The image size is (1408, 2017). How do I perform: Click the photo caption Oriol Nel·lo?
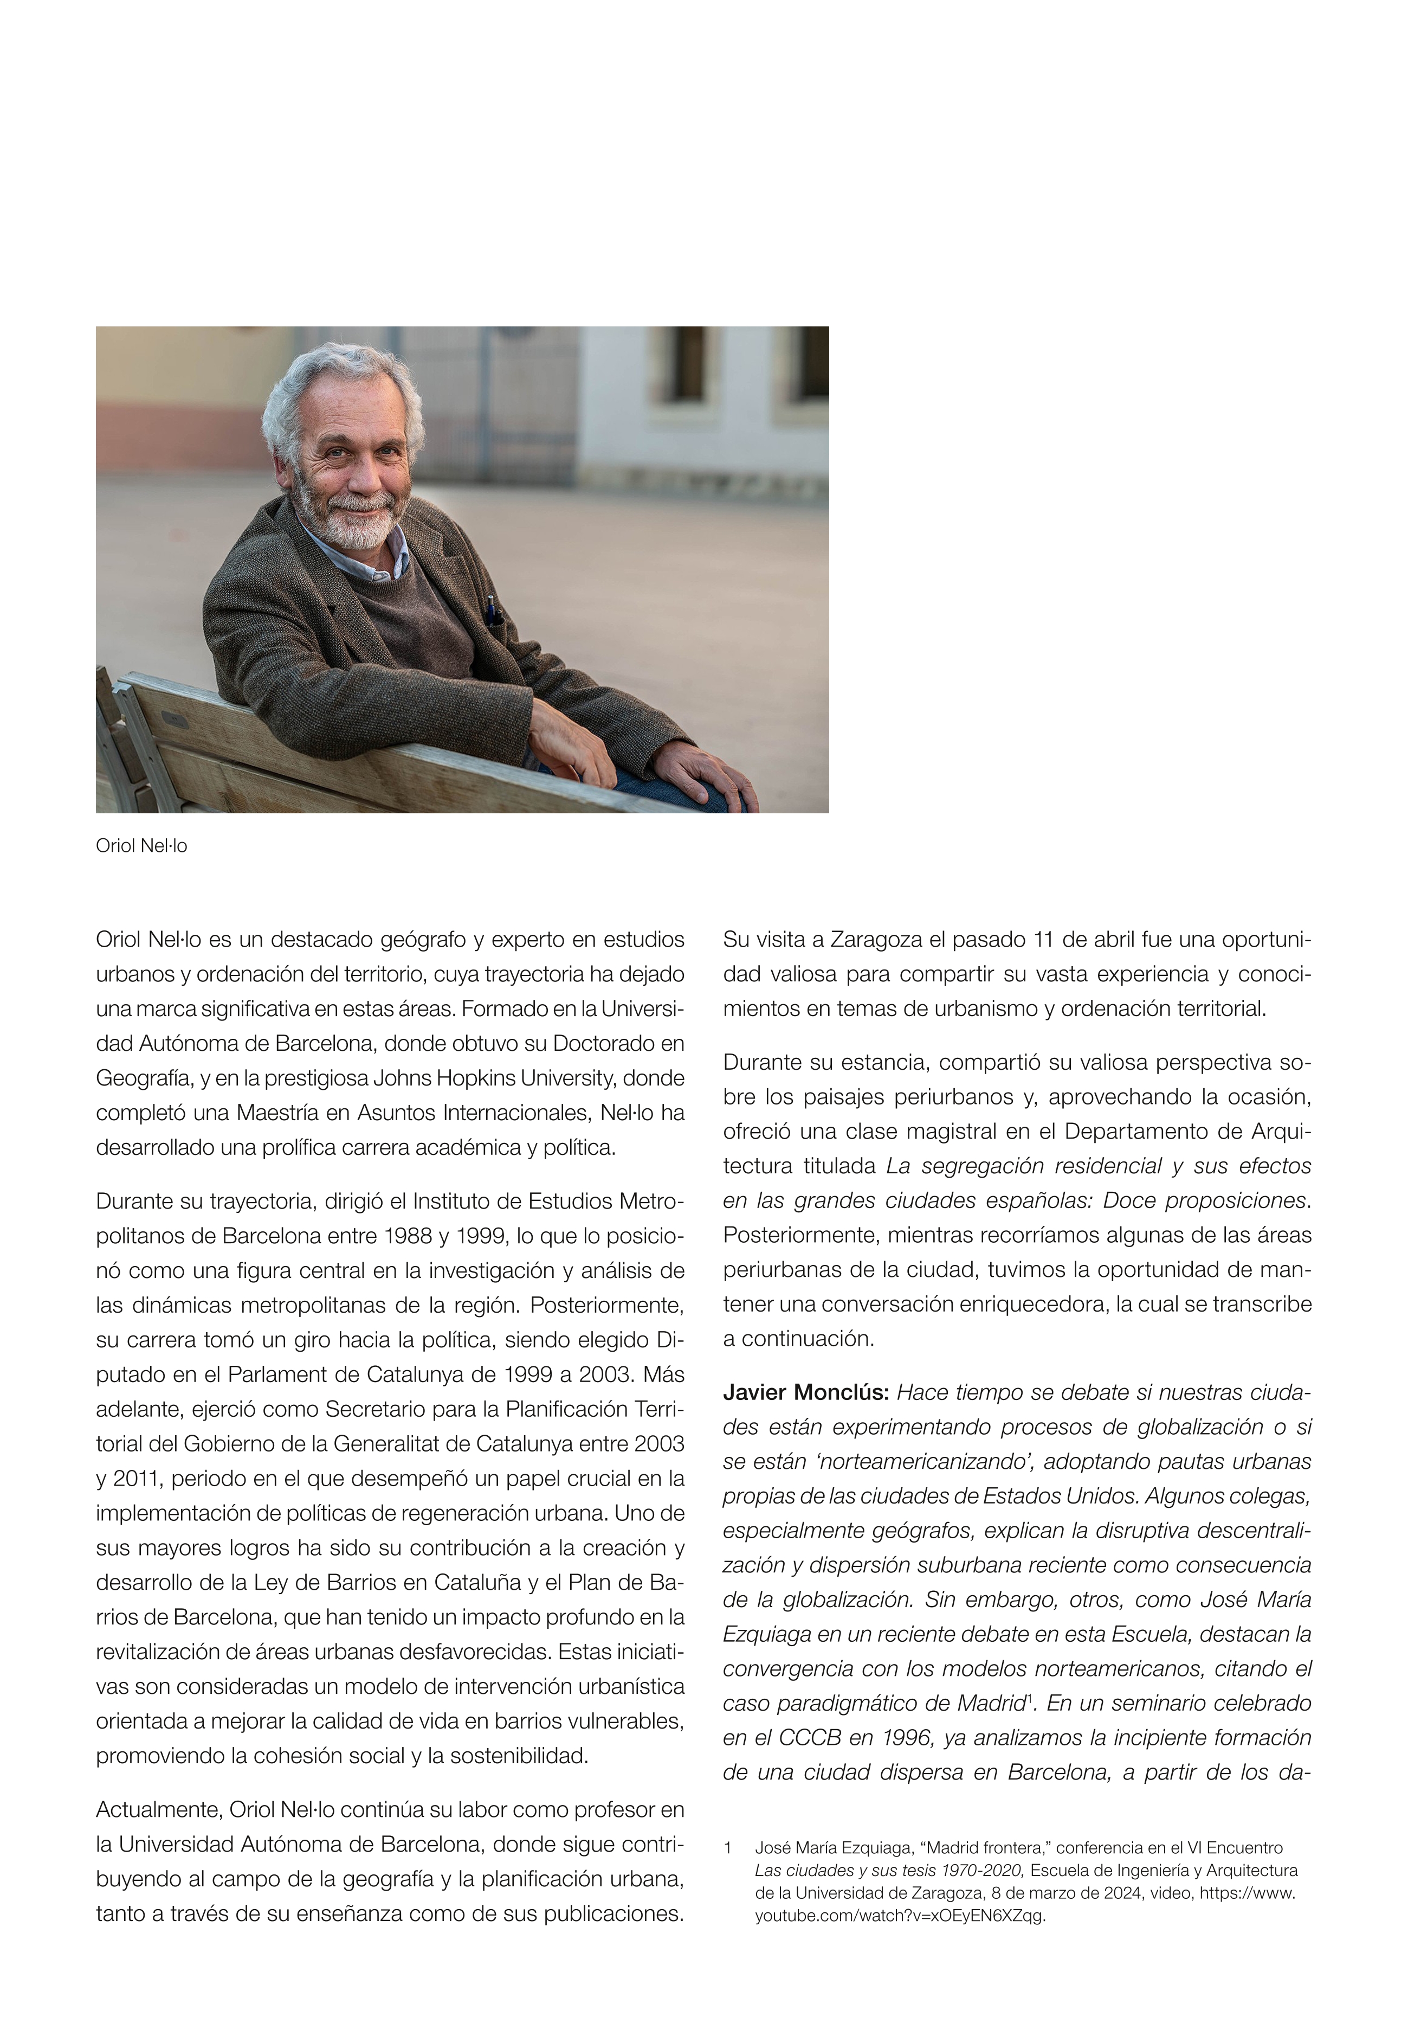pyautogui.click(x=141, y=846)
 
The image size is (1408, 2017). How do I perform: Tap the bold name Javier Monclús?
pyautogui.click(x=805, y=1392)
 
